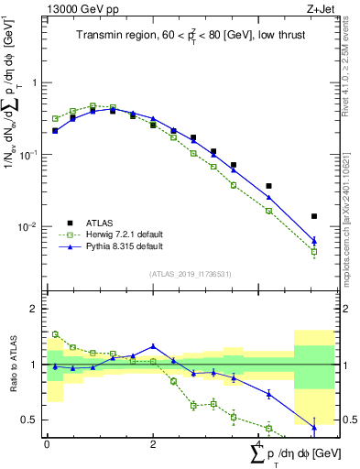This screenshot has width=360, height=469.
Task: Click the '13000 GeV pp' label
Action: (x=82, y=8)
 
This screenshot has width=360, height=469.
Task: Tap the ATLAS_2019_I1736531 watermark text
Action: (x=190, y=273)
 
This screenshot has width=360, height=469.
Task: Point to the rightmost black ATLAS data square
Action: (x=314, y=216)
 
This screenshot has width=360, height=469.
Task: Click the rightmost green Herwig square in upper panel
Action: (x=314, y=251)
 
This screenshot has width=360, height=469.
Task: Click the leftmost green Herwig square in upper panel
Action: (x=56, y=118)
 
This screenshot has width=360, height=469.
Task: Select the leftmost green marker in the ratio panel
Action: (x=56, y=334)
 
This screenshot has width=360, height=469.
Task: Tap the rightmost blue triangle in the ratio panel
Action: (x=314, y=428)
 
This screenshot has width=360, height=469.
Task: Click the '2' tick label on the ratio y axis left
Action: (x=36, y=310)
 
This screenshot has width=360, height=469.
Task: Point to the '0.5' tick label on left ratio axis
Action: (x=31, y=420)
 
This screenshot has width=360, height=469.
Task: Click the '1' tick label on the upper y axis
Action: (x=36, y=83)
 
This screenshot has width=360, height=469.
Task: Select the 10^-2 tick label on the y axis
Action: (x=29, y=227)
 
